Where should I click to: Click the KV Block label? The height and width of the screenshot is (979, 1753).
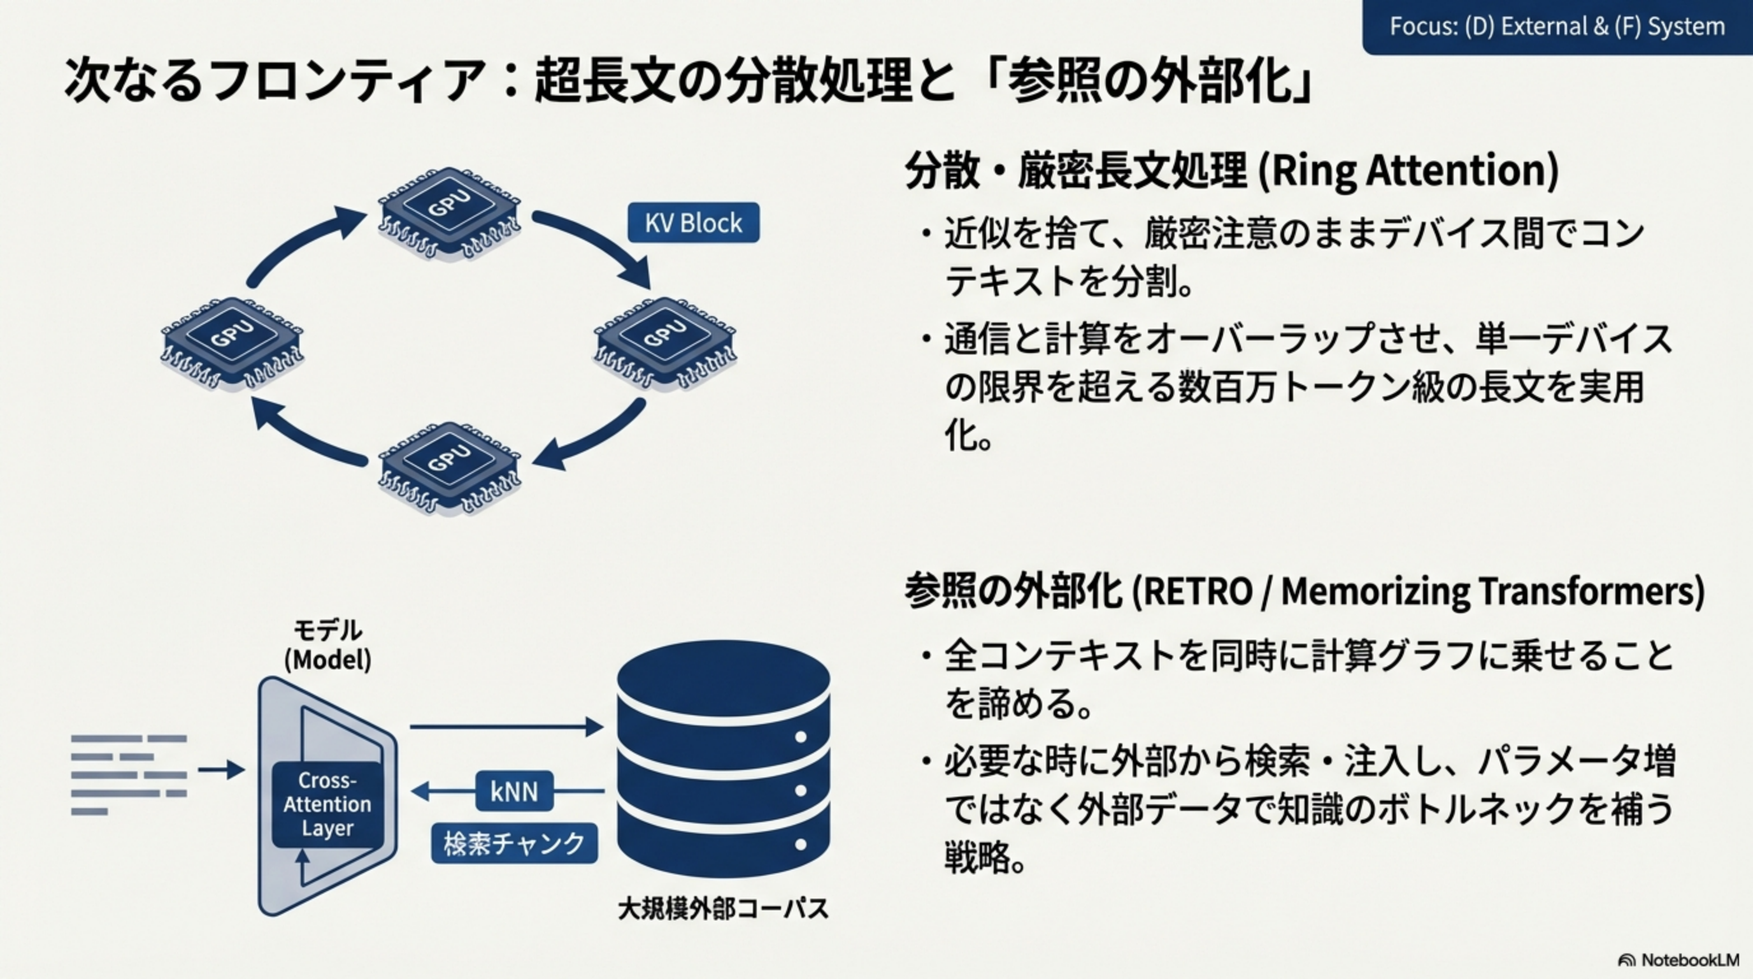click(693, 222)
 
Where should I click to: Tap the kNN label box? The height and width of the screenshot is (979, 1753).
click(514, 791)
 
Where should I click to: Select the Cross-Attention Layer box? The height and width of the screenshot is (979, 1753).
click(327, 804)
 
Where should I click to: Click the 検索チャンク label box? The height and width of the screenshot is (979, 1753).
click(515, 843)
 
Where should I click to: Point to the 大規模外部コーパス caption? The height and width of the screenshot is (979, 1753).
click(723, 909)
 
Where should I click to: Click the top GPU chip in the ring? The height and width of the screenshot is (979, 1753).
click(449, 212)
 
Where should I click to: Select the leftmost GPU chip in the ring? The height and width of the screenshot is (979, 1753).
click(232, 341)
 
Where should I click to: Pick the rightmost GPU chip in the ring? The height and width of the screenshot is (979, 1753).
click(665, 341)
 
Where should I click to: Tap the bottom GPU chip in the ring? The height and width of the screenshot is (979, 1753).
click(449, 467)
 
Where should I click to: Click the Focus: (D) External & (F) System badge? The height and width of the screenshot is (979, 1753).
click(1557, 27)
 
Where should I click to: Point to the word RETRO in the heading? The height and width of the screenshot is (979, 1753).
click(1198, 591)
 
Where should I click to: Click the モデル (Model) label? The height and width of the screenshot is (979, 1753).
click(327, 645)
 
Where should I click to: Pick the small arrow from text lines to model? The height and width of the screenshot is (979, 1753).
click(221, 770)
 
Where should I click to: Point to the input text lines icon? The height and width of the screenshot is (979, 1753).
click(129, 775)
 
